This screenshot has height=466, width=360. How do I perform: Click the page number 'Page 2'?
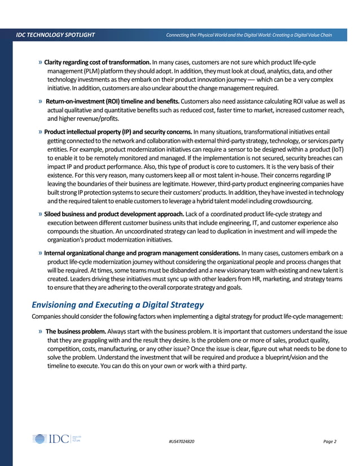[330, 441]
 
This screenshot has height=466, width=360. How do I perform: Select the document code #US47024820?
[182, 441]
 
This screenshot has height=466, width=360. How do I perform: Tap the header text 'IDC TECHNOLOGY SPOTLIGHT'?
[56, 36]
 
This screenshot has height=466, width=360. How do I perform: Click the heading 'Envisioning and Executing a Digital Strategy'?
[117, 305]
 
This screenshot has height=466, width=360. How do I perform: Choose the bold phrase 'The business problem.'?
[77, 332]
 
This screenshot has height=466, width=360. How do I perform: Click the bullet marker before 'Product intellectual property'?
[40, 132]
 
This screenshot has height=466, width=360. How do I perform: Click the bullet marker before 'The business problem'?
[40, 332]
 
